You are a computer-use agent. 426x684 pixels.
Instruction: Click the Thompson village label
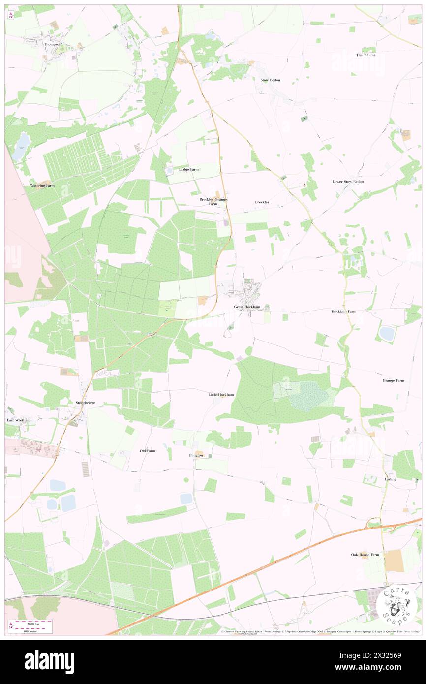(x=53, y=44)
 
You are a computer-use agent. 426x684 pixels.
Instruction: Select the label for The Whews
(x=365, y=55)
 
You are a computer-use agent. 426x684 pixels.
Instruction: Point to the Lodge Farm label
(x=189, y=169)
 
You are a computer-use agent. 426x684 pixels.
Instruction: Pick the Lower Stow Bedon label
(x=348, y=182)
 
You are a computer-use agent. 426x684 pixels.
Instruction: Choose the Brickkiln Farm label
(x=343, y=311)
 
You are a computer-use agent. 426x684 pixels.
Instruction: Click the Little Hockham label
(x=221, y=395)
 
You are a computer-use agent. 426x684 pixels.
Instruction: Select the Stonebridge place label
(x=85, y=403)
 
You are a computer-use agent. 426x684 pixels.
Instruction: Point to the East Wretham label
(x=19, y=420)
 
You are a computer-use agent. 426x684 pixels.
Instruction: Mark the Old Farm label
(x=148, y=451)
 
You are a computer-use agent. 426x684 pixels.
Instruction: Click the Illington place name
(x=196, y=456)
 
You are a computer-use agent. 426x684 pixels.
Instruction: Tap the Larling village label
(x=390, y=479)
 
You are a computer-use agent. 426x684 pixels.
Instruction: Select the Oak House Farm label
(x=365, y=555)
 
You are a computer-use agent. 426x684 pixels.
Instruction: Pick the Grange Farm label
(x=393, y=380)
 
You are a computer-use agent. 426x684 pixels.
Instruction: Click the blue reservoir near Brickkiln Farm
(x=386, y=334)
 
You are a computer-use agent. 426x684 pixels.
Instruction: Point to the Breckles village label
(x=262, y=202)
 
